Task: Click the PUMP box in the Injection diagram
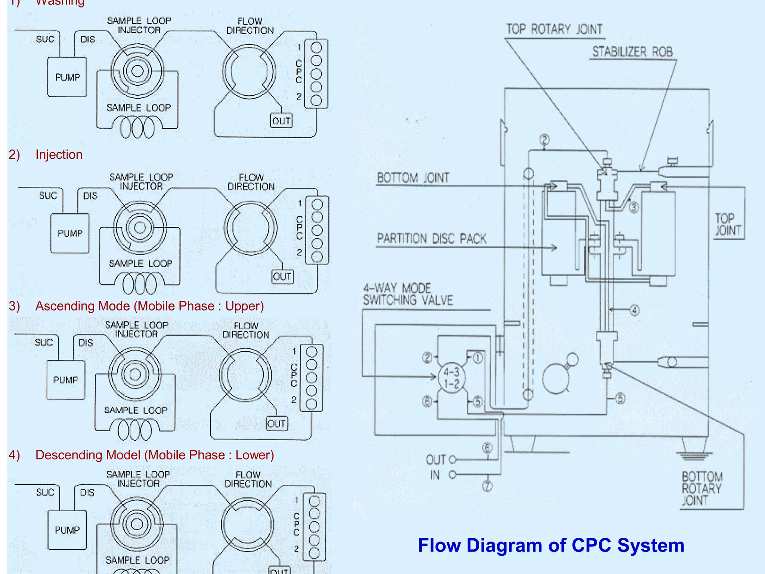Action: point(70,234)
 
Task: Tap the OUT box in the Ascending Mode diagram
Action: point(276,424)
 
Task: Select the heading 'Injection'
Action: point(59,155)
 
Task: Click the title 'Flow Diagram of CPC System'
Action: point(551,545)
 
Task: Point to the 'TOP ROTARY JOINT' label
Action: point(554,29)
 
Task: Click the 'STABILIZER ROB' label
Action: point(632,52)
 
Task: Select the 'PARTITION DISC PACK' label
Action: point(431,238)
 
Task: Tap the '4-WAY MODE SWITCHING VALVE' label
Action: point(408,294)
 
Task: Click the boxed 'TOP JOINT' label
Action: point(728,225)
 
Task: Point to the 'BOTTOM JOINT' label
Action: point(413,178)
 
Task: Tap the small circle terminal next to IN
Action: point(452,475)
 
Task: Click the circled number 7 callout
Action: point(487,486)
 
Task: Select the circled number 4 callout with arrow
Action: point(634,310)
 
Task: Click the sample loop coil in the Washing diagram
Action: point(137,127)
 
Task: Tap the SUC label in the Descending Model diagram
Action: point(45,493)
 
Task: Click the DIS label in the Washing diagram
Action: point(88,40)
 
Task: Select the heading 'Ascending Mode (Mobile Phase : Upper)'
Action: point(149,306)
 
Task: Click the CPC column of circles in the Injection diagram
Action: point(317,230)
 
